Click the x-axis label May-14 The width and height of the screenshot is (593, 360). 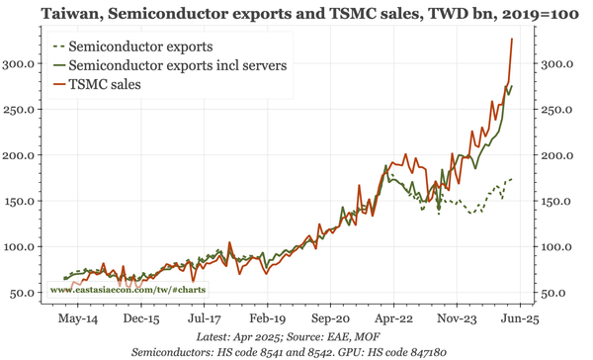[78, 319]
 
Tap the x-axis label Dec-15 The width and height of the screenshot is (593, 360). [141, 319]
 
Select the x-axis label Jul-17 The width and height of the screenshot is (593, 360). [204, 319]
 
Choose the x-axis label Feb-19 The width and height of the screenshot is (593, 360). [266, 319]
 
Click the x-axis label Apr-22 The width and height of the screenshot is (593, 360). [392, 319]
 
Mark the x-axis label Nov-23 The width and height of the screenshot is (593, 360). [456, 319]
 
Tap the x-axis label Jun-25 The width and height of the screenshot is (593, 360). [518, 319]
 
